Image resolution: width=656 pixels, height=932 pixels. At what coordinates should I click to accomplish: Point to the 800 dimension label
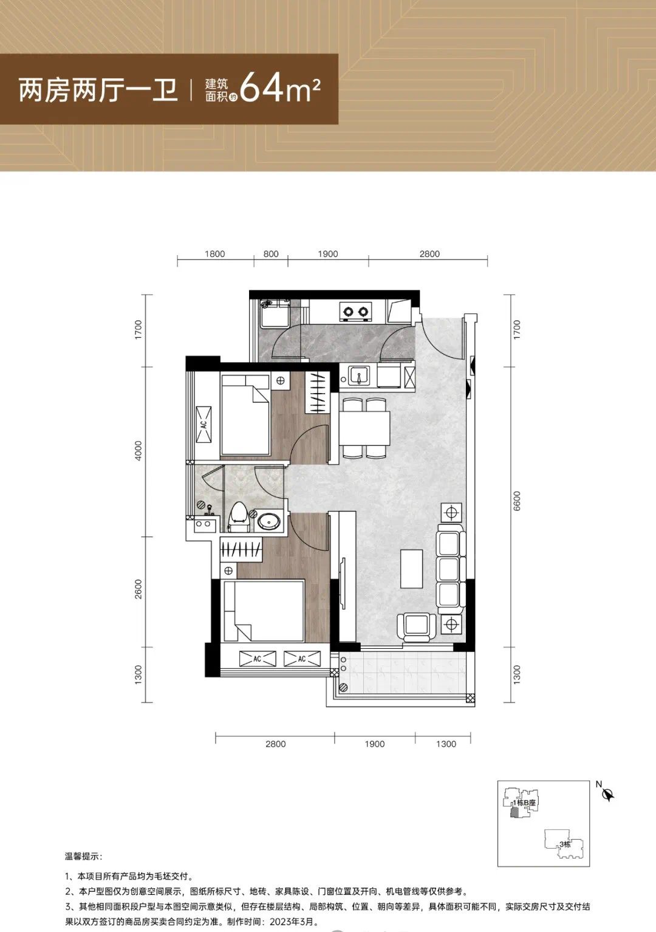[x=271, y=254]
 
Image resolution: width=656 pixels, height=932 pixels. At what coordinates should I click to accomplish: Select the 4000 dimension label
[x=138, y=451]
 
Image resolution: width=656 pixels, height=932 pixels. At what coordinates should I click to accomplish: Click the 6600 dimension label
[x=517, y=501]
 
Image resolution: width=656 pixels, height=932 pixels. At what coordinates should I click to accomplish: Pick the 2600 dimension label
[x=138, y=589]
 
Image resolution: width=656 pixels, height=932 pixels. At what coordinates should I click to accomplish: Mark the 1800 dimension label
[x=214, y=254]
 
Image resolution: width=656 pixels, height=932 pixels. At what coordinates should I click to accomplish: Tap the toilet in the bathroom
[x=239, y=516]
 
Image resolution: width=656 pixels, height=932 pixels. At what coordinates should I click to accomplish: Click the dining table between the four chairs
[x=364, y=428]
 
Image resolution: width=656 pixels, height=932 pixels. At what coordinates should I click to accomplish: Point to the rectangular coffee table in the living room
[x=411, y=568]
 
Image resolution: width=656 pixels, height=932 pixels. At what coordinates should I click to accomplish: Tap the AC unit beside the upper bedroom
[x=203, y=425]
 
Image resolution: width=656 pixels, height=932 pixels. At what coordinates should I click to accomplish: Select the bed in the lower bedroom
[x=264, y=611]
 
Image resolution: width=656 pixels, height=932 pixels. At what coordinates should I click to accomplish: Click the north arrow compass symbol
[x=609, y=795]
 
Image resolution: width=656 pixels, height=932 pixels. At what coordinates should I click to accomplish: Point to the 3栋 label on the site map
[x=564, y=845]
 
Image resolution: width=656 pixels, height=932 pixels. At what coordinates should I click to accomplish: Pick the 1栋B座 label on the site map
[x=524, y=803]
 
